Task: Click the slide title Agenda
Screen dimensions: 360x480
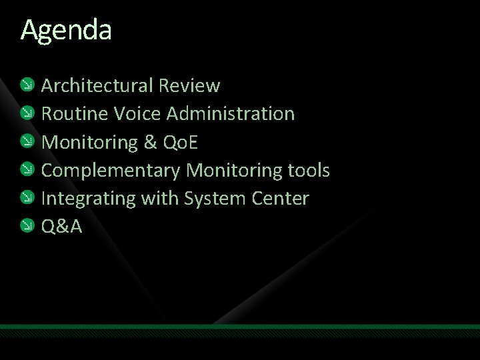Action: (x=66, y=31)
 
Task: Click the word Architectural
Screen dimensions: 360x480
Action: (x=97, y=86)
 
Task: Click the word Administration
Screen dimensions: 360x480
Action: (x=231, y=114)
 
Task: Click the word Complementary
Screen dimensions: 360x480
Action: (x=111, y=171)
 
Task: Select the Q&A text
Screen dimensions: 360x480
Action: (x=62, y=227)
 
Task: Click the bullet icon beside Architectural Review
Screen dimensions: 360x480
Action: (x=27, y=85)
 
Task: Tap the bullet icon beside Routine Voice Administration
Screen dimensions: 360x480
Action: (x=27, y=113)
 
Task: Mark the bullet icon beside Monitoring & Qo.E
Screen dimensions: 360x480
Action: (x=27, y=141)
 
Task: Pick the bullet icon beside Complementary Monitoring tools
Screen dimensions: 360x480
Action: (x=27, y=169)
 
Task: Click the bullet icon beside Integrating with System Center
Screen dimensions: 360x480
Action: (x=27, y=198)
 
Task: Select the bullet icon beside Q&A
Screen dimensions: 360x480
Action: (x=27, y=226)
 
